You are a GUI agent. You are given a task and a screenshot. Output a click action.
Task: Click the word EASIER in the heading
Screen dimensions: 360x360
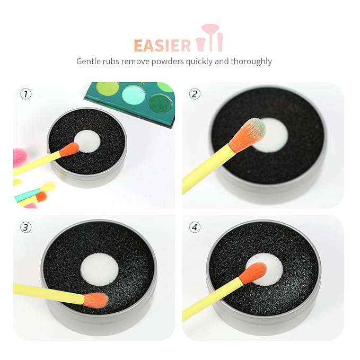click(x=162, y=45)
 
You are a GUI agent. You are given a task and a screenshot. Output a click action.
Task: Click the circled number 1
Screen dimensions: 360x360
click(x=25, y=94)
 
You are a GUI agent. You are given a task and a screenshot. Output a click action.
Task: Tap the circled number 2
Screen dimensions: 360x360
click(x=195, y=94)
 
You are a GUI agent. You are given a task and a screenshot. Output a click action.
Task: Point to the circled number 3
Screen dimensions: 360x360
click(x=25, y=227)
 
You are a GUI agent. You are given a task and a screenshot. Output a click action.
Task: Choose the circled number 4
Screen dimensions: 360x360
click(x=195, y=227)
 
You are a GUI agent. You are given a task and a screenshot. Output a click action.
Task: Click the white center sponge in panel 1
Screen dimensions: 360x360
click(x=87, y=141)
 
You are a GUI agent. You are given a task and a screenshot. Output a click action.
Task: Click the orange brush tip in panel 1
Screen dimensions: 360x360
click(x=69, y=150)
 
